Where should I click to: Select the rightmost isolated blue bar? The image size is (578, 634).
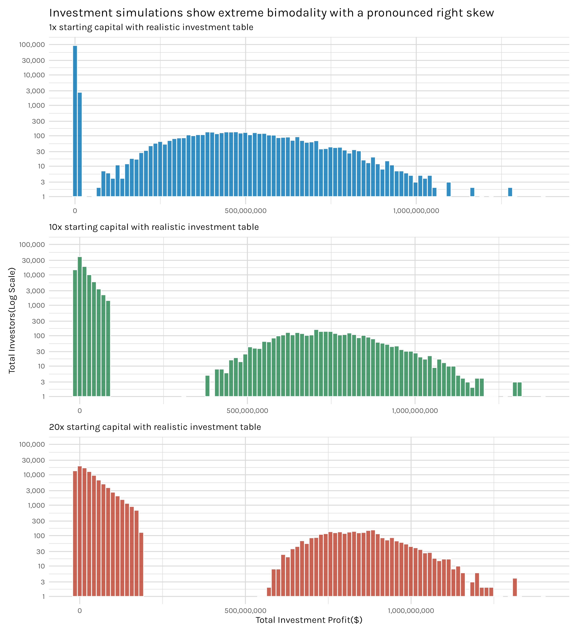[510, 192]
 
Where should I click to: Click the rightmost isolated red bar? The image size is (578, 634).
[515, 587]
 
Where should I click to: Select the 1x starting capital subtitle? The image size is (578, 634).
[151, 27]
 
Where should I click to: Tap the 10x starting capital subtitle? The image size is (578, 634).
[154, 227]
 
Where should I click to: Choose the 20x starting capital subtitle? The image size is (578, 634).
[155, 427]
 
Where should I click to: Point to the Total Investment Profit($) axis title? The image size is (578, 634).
[309, 620]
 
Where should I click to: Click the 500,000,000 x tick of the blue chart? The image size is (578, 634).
[245, 211]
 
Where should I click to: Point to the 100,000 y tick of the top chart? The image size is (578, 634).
[32, 45]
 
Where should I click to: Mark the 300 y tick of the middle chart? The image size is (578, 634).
[38, 321]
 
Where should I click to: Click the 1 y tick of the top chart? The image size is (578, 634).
[43, 197]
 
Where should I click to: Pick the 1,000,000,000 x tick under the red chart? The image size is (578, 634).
[411, 611]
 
